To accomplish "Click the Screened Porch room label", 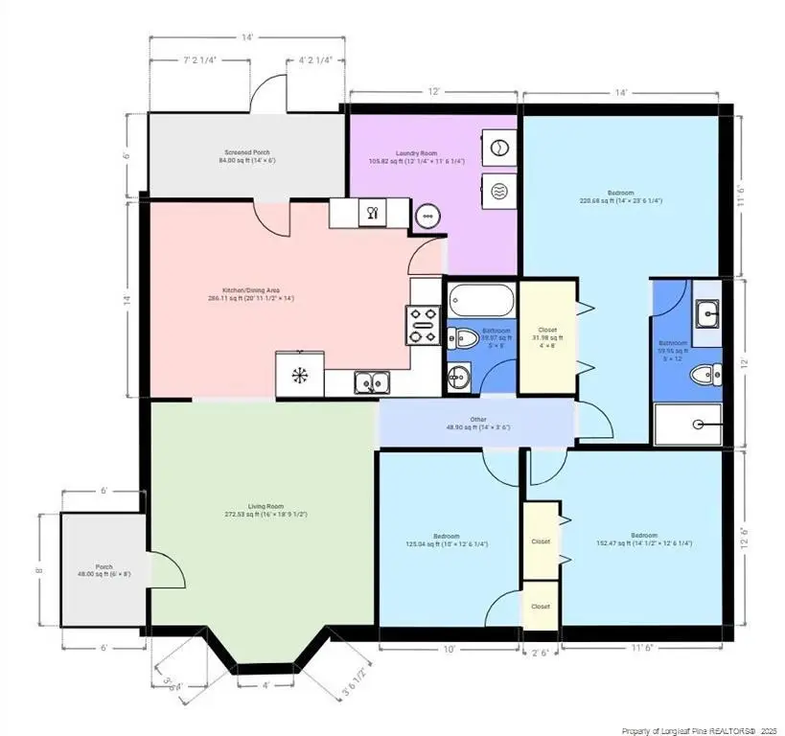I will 244,156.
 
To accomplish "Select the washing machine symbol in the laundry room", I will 498,148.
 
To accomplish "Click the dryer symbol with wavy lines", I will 498,191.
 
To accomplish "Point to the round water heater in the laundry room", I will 427,216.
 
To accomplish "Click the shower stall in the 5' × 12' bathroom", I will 688,423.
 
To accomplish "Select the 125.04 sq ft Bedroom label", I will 446,540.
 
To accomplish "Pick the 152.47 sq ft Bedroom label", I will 643,539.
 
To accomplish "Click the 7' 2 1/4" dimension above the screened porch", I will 198,58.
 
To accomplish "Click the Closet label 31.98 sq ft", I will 546,334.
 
